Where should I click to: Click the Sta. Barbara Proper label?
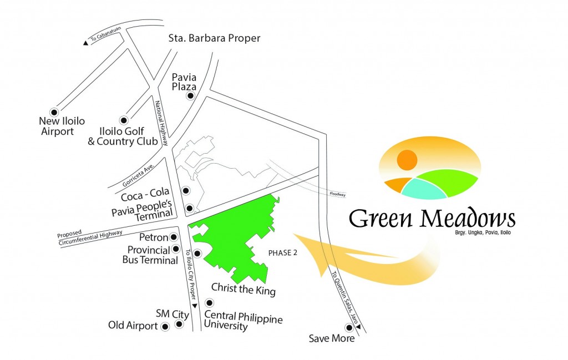(x=214, y=38)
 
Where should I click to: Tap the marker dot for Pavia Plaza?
(x=190, y=96)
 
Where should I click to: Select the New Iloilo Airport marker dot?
(x=54, y=110)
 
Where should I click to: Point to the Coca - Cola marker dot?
(x=186, y=191)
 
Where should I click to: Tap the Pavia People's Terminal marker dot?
(x=190, y=209)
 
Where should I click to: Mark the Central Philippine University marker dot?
(x=209, y=303)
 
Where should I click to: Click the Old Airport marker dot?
(x=165, y=327)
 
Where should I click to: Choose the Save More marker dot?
(x=348, y=327)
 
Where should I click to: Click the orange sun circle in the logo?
(x=407, y=160)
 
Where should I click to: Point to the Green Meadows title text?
(x=432, y=218)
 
